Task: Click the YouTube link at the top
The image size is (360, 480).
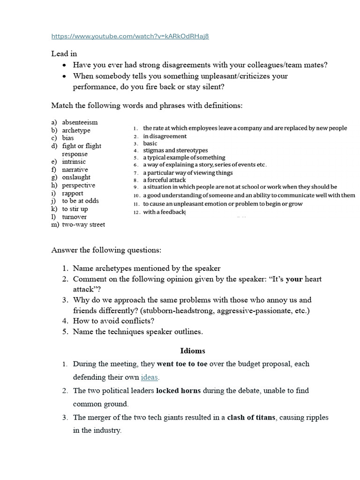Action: click(x=130, y=37)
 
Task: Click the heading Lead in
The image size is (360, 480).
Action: click(x=64, y=54)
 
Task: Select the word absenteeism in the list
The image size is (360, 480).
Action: click(x=80, y=122)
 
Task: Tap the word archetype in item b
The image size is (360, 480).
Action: click(x=76, y=130)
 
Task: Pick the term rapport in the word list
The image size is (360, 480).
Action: click(x=73, y=193)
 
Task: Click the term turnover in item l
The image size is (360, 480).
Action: click(x=74, y=217)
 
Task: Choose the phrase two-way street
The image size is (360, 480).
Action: click(x=83, y=225)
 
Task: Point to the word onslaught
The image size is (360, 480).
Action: click(x=76, y=177)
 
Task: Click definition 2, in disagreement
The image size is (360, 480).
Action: click(x=165, y=136)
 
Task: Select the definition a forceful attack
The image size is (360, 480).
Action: click(x=164, y=180)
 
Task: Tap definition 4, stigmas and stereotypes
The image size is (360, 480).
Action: click(x=175, y=150)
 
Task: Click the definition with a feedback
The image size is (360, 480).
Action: click(x=165, y=212)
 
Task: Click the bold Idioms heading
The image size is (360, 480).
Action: click(x=193, y=351)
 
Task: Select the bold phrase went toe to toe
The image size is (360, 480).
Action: click(x=182, y=364)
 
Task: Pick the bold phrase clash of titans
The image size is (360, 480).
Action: click(x=251, y=417)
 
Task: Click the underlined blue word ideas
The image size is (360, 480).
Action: click(x=150, y=377)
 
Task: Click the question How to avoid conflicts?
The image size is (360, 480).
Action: click(x=114, y=321)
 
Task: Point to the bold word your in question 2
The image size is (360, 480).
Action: click(x=294, y=279)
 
